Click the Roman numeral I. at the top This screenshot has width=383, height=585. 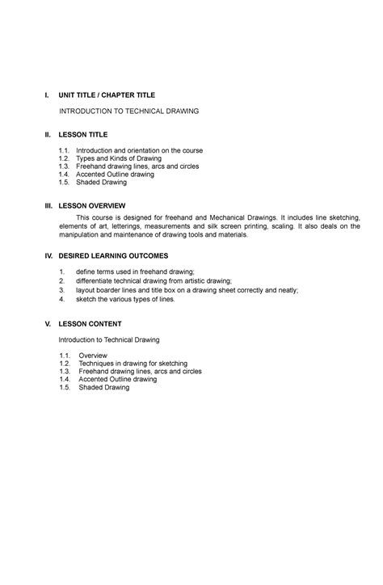[47, 95]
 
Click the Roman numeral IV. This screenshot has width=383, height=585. [48, 255]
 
